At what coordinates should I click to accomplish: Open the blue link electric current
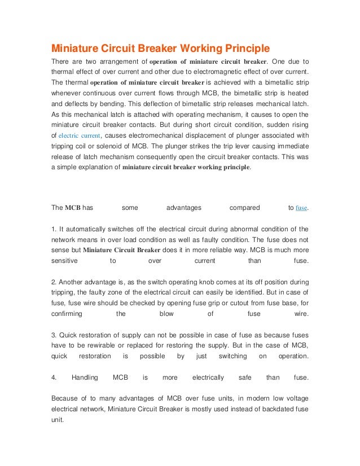click(x=78, y=136)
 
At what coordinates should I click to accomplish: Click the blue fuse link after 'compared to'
click(x=302, y=208)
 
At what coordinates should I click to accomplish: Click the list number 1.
click(x=54, y=229)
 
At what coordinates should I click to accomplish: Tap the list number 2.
click(x=54, y=281)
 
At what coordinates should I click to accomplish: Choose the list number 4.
click(x=54, y=377)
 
